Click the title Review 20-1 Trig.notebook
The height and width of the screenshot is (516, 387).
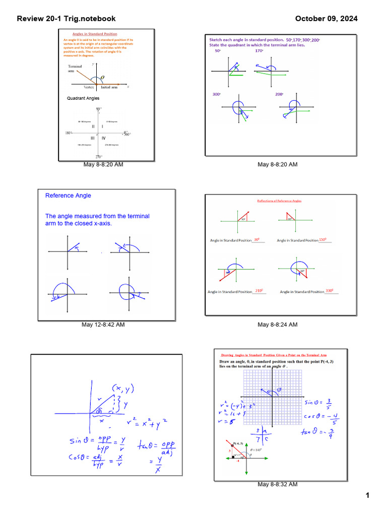coord(66,19)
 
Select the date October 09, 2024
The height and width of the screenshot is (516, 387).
coord(326,19)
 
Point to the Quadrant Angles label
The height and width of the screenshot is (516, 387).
coord(83,98)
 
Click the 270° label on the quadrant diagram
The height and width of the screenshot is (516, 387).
coord(99,157)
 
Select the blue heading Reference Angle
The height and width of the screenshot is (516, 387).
coord(68,196)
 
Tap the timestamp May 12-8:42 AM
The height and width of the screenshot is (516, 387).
coord(103,325)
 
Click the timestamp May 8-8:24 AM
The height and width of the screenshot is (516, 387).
coord(277,325)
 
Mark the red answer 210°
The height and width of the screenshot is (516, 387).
coord(259,291)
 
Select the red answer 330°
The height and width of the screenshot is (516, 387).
coord(330,291)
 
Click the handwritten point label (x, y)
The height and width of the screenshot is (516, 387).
coord(123,388)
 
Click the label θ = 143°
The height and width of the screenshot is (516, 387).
coord(260,449)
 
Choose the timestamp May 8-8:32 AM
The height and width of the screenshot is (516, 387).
coord(277,484)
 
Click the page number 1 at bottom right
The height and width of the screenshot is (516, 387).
coord(368,496)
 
